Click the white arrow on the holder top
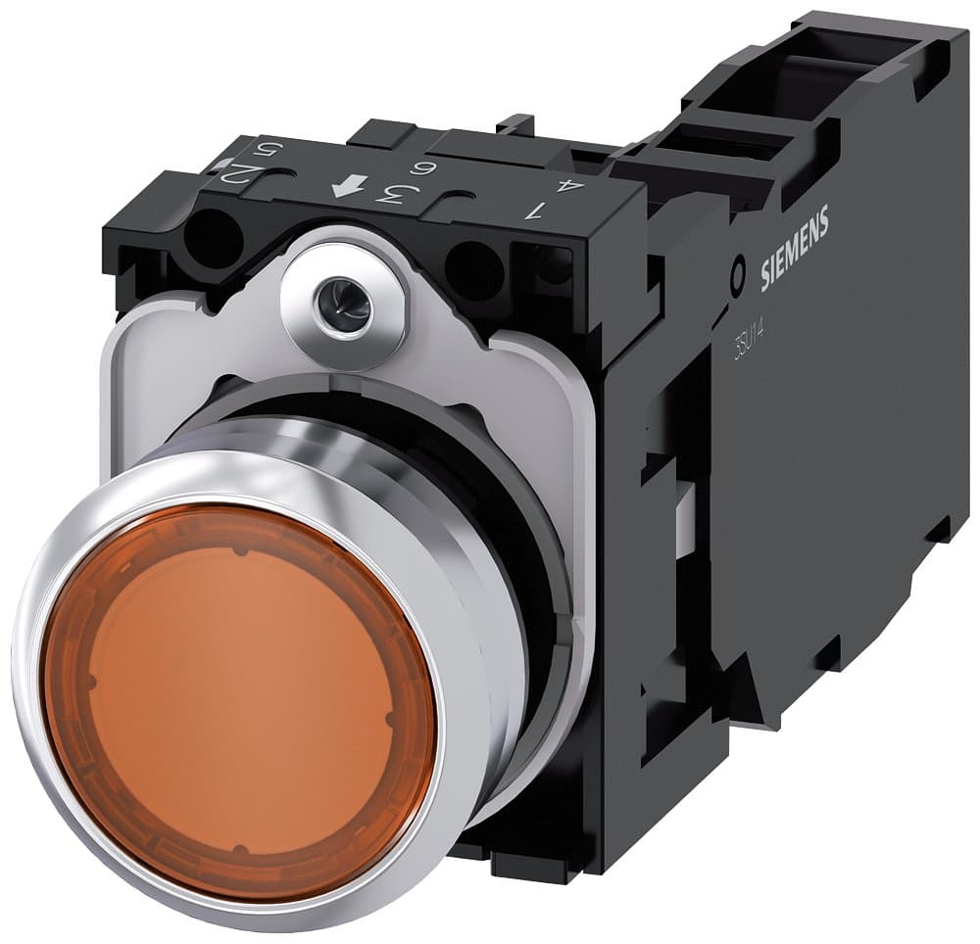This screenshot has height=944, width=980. point(343,187)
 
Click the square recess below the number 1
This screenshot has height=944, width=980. point(553,264)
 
